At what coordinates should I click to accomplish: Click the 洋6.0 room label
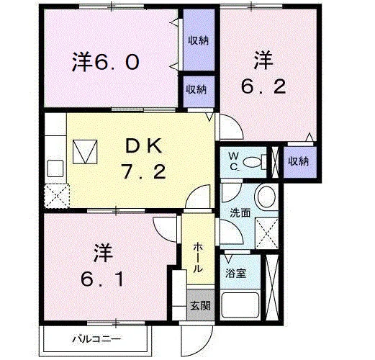pyautogui.click(x=106, y=62)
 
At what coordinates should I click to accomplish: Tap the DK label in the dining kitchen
pyautogui.click(x=144, y=146)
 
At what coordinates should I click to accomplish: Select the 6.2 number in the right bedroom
pyautogui.click(x=263, y=86)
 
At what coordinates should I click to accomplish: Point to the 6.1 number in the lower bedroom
pyautogui.click(x=102, y=279)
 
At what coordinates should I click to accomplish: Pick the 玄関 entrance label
pyautogui.click(x=200, y=306)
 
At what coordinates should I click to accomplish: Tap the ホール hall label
pyautogui.click(x=198, y=257)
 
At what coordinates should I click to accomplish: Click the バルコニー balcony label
pyautogui.click(x=96, y=339)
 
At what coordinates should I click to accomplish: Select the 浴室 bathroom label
pyautogui.click(x=235, y=273)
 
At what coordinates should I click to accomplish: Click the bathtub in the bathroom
pyautogui.click(x=240, y=305)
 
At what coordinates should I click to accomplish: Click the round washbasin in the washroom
pyautogui.click(x=266, y=197)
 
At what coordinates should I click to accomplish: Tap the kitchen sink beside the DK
pyautogui.click(x=55, y=168)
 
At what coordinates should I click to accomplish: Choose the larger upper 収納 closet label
pyautogui.click(x=198, y=40)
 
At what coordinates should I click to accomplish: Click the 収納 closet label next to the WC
pyautogui.click(x=298, y=161)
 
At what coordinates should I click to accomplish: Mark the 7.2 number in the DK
pyautogui.click(x=144, y=171)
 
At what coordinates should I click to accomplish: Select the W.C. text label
pyautogui.click(x=234, y=161)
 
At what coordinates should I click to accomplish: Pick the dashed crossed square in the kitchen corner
pyautogui.click(x=57, y=196)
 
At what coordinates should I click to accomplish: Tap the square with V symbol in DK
pyautogui.click(x=85, y=152)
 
